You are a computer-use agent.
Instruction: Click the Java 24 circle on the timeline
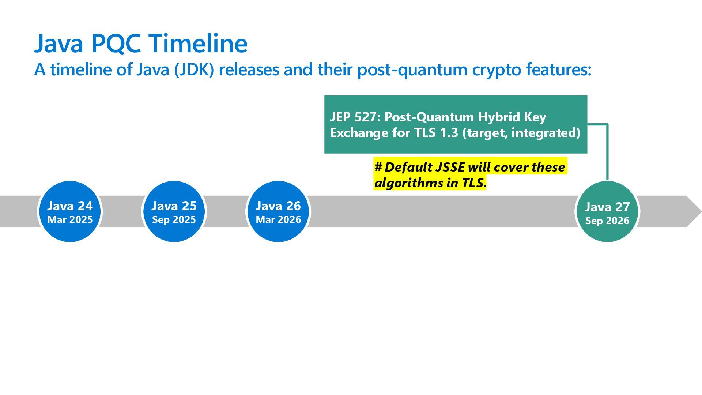(69, 211)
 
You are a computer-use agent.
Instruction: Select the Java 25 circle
(174, 211)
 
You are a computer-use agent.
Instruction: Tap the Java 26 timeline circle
(278, 211)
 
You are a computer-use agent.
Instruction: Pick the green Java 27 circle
(607, 211)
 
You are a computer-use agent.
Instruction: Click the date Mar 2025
(70, 220)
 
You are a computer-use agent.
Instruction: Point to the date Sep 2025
(174, 220)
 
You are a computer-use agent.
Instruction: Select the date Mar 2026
(278, 220)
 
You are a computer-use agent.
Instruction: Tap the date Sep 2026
(607, 221)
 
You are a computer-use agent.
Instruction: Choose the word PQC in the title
(116, 44)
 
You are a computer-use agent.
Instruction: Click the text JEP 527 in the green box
(352, 117)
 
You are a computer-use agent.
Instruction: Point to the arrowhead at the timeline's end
(693, 211)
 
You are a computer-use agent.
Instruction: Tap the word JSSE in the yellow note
(450, 167)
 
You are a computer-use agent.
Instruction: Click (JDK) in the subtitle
(194, 69)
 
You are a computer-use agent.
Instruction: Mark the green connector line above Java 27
(607, 154)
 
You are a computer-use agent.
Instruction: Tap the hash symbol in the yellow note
(378, 167)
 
